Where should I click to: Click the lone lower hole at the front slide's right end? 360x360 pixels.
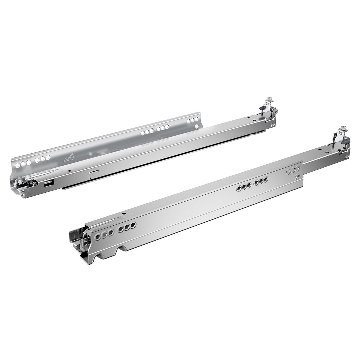click(x=297, y=176)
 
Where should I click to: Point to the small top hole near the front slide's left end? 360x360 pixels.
click(x=123, y=214)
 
